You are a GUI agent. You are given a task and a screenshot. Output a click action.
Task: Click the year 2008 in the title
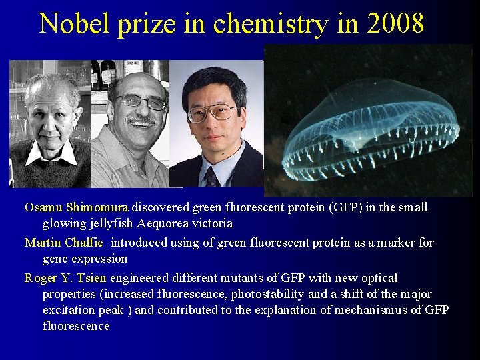[x=394, y=23]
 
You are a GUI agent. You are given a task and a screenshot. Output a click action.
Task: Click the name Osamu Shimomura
[x=77, y=207]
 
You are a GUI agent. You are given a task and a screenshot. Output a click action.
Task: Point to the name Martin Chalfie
[x=63, y=243]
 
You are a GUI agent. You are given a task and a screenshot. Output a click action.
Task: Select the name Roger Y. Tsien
[x=65, y=278]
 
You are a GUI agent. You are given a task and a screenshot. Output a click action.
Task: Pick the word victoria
[x=213, y=223]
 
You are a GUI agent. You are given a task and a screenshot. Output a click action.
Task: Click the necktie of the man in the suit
[x=211, y=177]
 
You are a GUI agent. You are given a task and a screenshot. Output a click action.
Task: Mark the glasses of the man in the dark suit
[x=212, y=112]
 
